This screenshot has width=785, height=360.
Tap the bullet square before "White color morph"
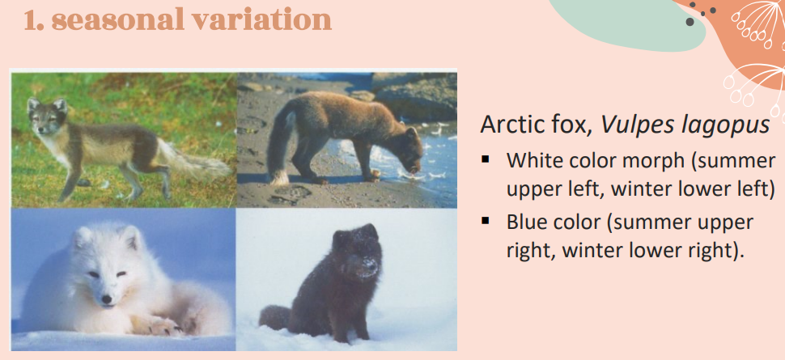coord(485,159)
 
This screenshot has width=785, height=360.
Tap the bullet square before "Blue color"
coord(485,220)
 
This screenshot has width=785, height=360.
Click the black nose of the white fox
coord(107,299)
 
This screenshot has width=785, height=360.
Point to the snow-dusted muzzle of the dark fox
coord(367,266)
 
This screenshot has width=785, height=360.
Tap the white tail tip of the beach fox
coord(280,176)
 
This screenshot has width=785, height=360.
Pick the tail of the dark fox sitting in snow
coord(275,317)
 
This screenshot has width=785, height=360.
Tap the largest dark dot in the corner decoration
coord(690,22)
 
